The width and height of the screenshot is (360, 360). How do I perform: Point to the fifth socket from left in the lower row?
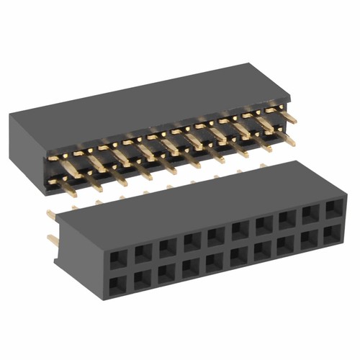click(215, 259)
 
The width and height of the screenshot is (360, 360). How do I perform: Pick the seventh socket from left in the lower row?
click(262, 249)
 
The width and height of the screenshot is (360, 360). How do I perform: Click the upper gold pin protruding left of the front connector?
click(51, 214)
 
